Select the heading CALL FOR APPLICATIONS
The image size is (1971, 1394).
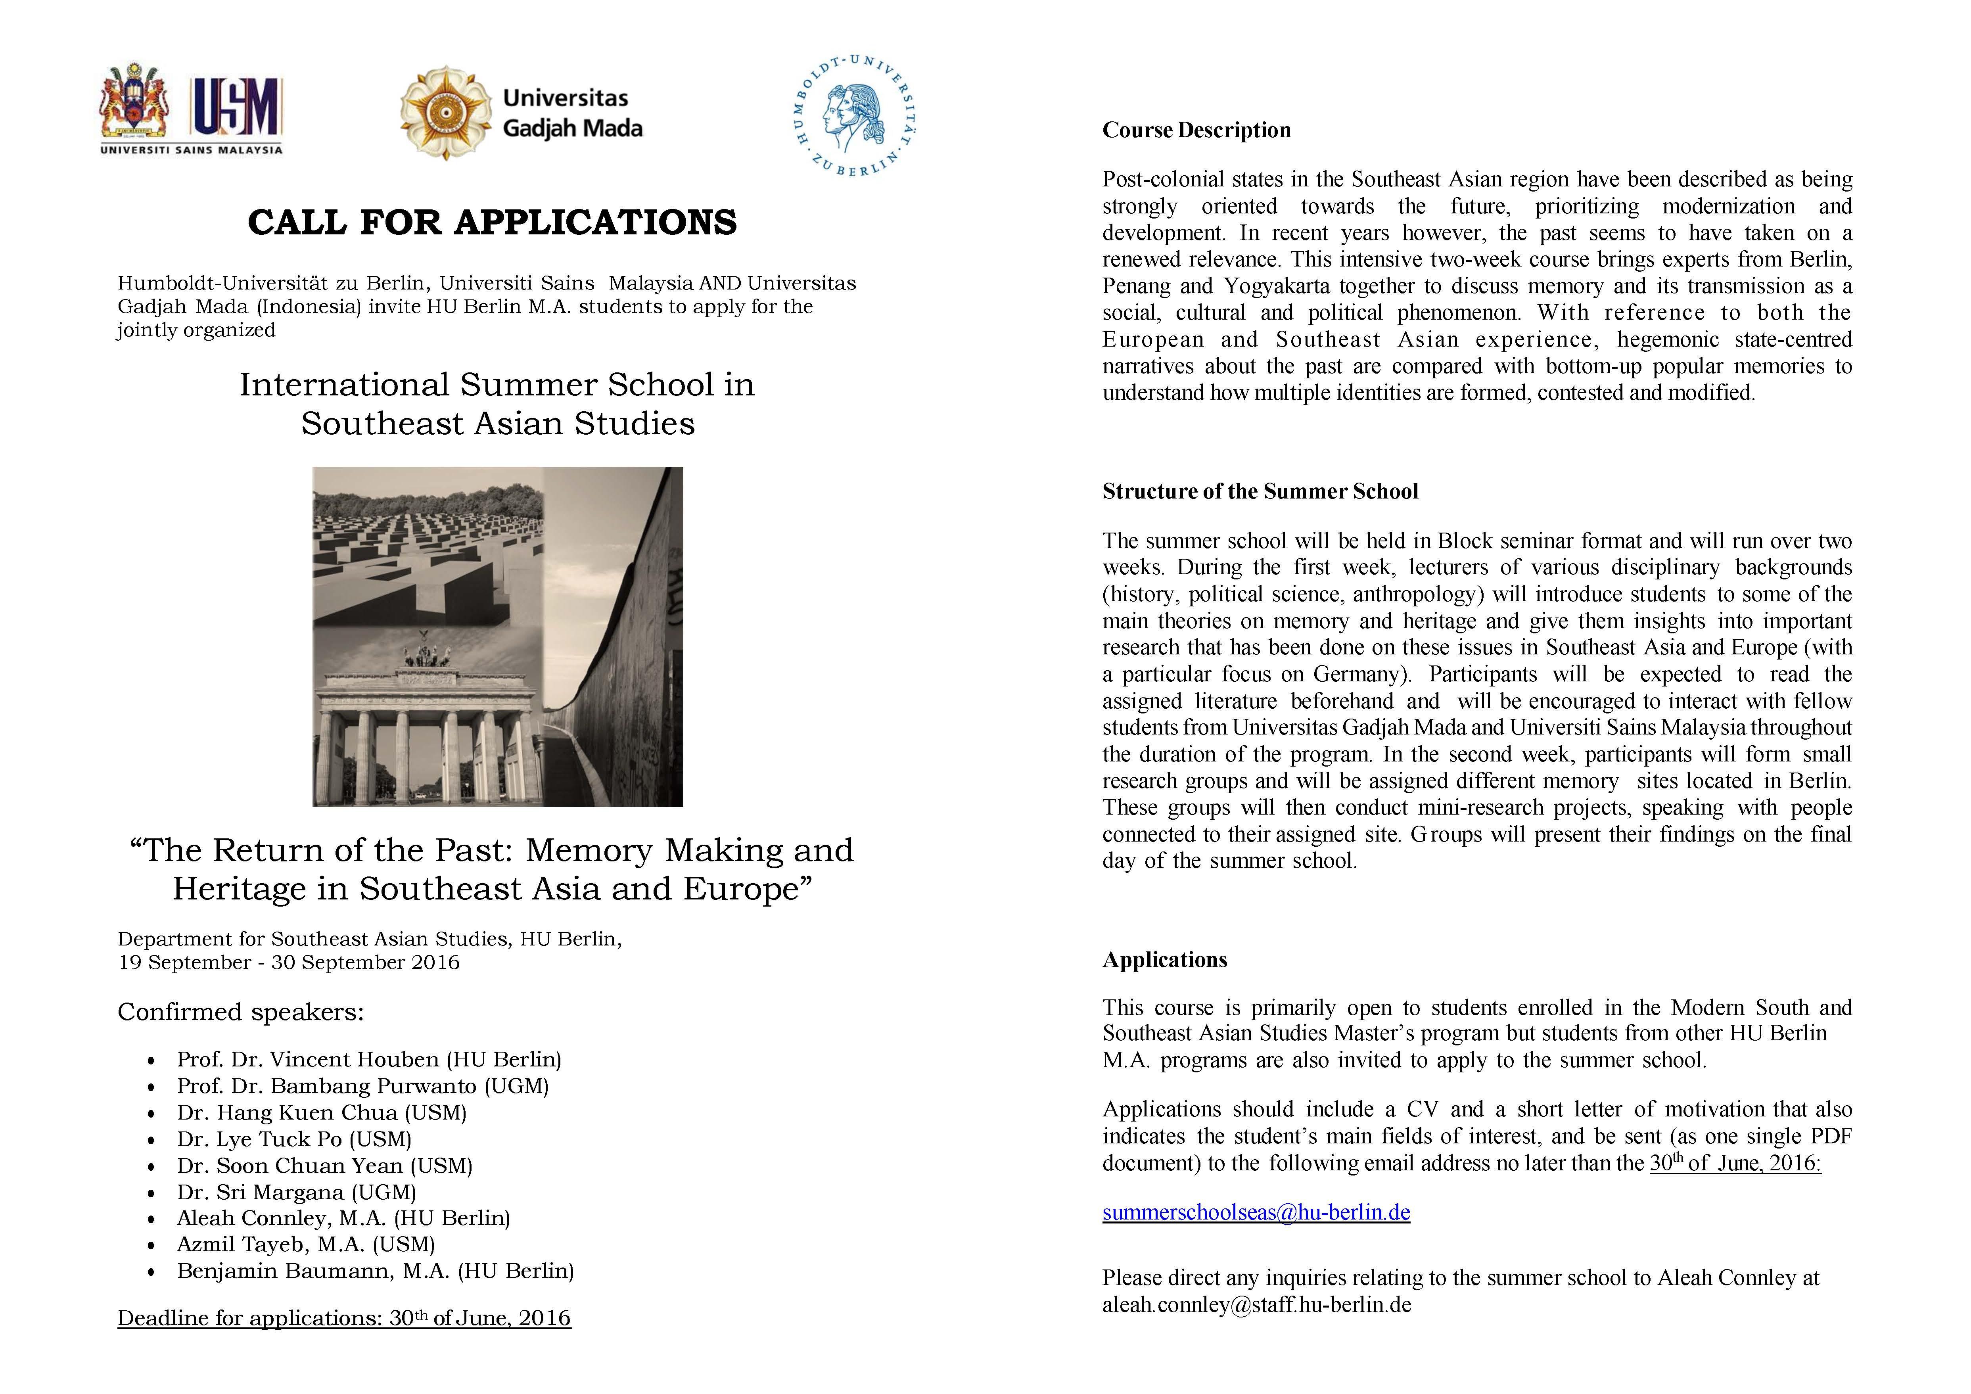(492, 222)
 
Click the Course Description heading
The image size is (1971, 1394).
(1196, 130)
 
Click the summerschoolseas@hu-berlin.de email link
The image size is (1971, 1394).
(1256, 1212)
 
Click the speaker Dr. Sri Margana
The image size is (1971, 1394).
(296, 1192)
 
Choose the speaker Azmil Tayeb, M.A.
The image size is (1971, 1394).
(306, 1244)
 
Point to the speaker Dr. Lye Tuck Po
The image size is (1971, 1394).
(293, 1139)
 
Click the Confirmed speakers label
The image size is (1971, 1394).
(240, 1012)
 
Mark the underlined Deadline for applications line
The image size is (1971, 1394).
(343, 1319)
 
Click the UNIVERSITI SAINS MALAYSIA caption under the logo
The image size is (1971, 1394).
(192, 150)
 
